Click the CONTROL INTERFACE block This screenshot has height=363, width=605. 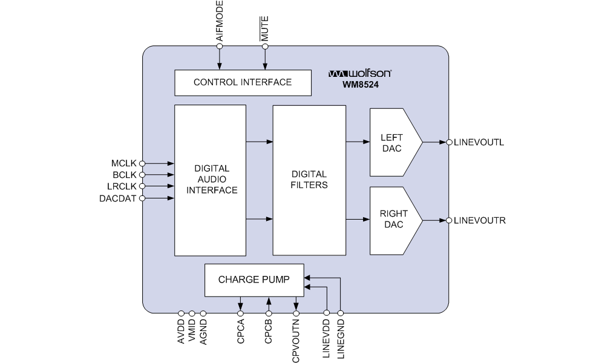coord(243,83)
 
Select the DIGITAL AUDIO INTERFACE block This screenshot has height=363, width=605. coord(211,180)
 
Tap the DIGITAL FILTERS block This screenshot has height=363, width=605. coord(309,180)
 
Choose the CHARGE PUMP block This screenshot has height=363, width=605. coord(253,280)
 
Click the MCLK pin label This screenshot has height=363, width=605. coord(124,163)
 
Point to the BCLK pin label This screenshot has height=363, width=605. coord(125,175)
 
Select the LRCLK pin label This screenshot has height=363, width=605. coord(123,186)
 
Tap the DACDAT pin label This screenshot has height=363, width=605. coord(119,198)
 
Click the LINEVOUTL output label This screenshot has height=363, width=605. coord(479,143)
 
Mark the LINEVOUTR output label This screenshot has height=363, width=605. coord(480,221)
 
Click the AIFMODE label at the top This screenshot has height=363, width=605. coord(220,21)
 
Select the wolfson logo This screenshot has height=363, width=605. coord(360,73)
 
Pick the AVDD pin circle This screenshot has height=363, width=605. coord(181,313)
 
